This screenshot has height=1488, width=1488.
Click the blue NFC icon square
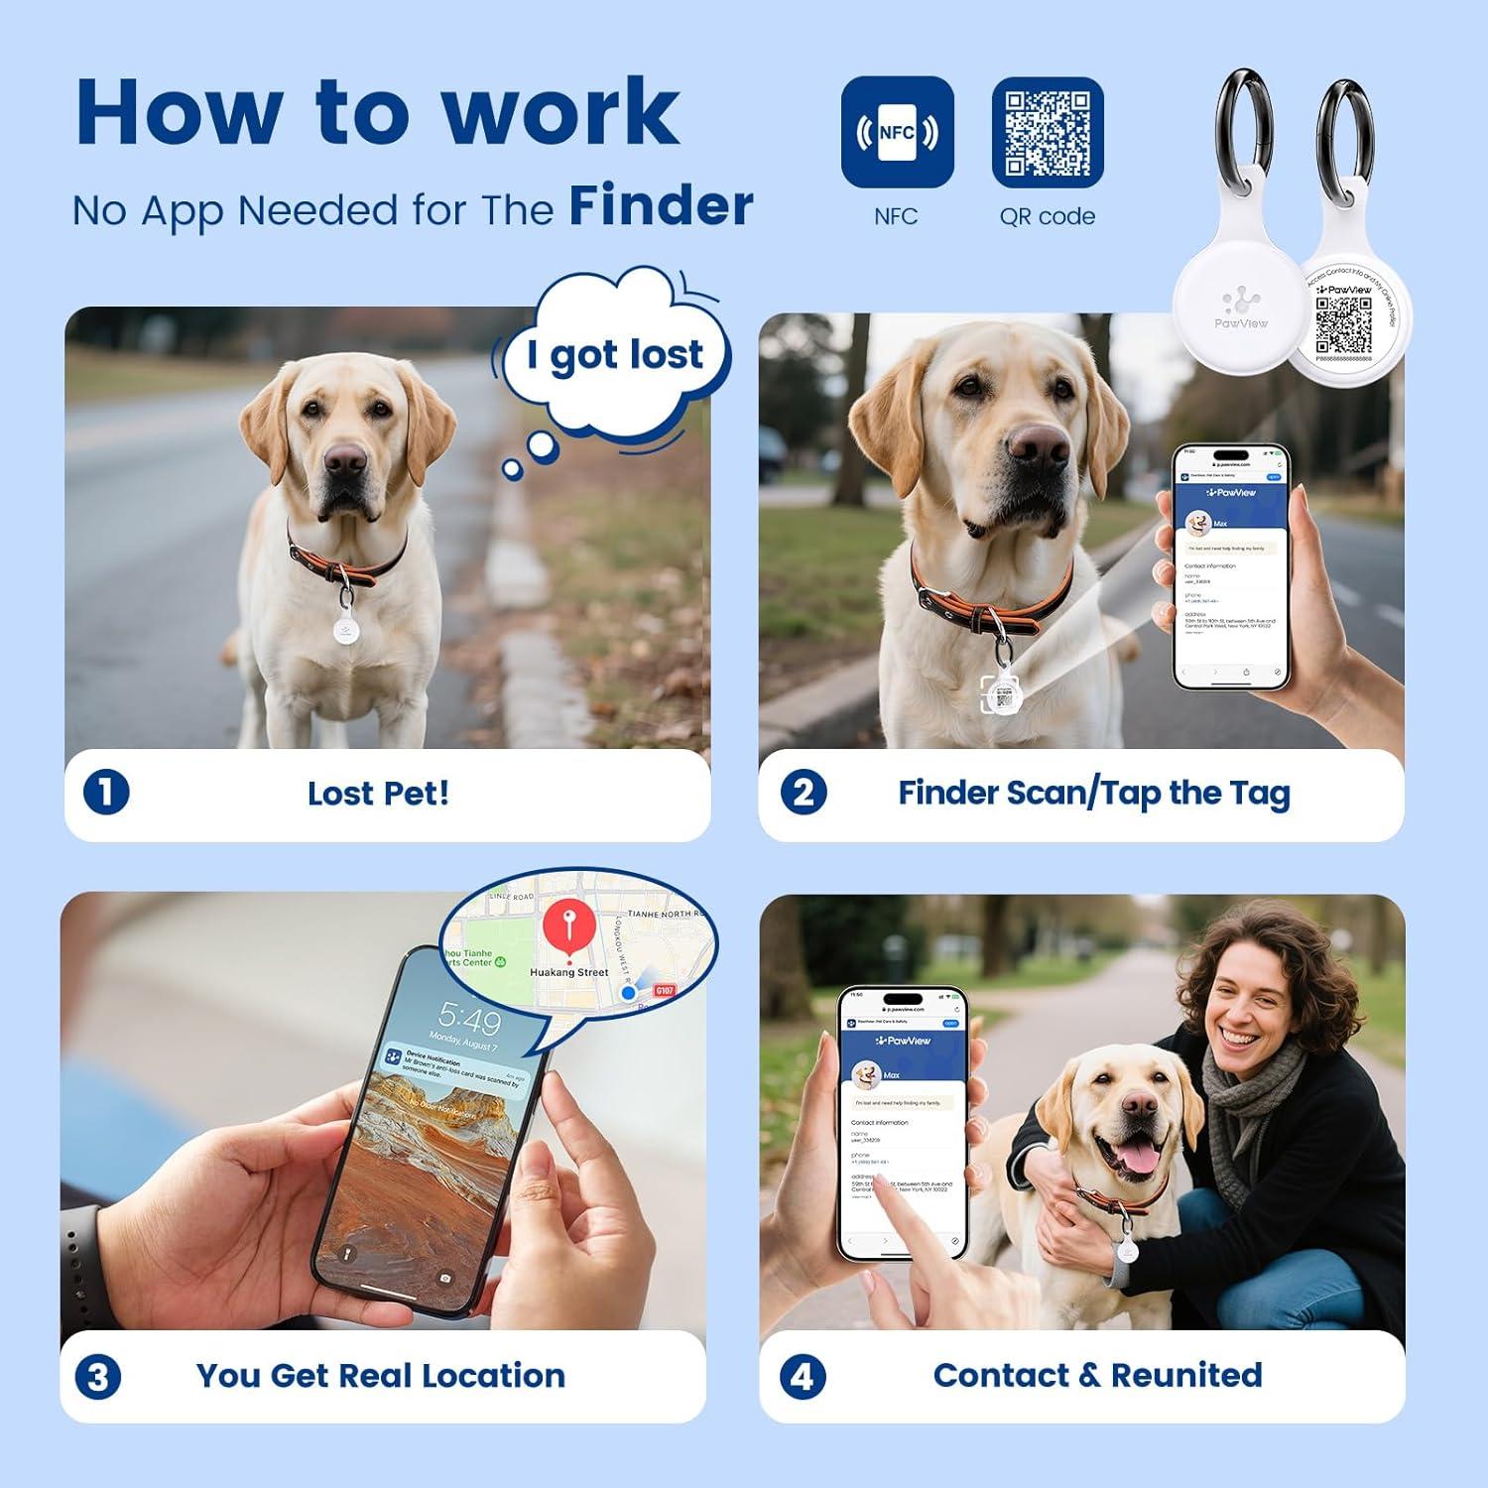tap(897, 132)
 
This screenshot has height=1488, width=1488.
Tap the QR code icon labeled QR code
tap(1048, 132)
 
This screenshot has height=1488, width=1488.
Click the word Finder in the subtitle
tap(661, 206)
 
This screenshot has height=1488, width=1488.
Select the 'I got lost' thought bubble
tap(615, 355)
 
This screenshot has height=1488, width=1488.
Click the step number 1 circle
tap(106, 793)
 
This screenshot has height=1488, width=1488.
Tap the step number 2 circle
tap(803, 793)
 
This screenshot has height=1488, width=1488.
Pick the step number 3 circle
tap(98, 1377)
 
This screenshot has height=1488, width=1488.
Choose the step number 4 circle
tap(803, 1377)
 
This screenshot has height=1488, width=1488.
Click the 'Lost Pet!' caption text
tap(378, 794)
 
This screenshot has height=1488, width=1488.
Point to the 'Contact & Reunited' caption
tap(1097, 1375)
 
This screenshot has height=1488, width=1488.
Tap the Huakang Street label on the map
tap(569, 972)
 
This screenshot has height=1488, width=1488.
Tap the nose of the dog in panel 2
tap(1038, 449)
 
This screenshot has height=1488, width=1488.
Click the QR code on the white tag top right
tap(1343, 325)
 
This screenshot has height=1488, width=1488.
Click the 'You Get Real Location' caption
tap(381, 1376)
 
